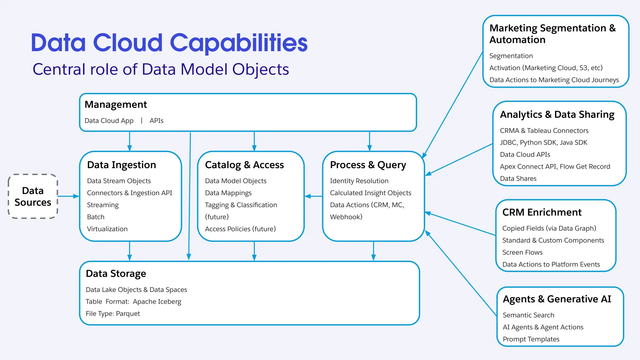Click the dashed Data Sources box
coord(33,196)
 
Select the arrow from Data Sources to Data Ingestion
coord(68,196)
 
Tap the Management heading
coord(116,104)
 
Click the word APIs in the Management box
coord(156,121)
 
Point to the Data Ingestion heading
coord(121,165)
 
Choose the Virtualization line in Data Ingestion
coord(107,229)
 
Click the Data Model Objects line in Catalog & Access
coord(236,181)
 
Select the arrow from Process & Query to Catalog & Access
coord(313,196)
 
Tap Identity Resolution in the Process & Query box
coord(359,181)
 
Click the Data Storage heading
coord(116,273)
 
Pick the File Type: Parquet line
coord(113,314)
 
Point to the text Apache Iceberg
coord(157,302)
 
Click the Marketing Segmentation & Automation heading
coord(552,34)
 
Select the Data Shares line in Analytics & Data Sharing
coord(518,179)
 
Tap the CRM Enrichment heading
coord(542,212)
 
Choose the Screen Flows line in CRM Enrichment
coord(522,252)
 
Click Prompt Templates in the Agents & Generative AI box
coord(531,339)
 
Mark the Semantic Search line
coord(528,315)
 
